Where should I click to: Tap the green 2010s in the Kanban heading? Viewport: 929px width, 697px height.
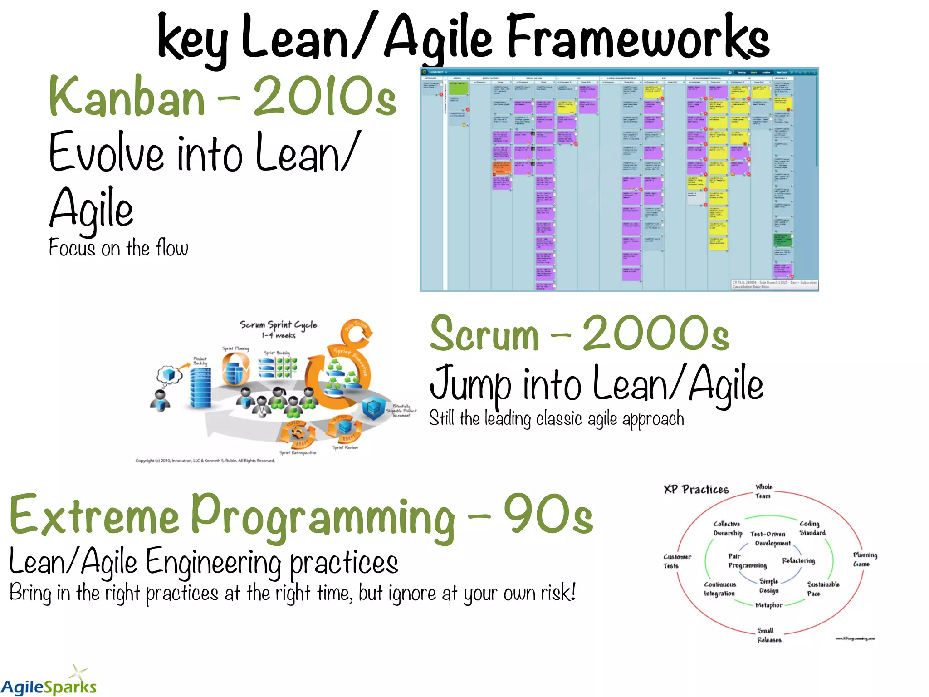[324, 96]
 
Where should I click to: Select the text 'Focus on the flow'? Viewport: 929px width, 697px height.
[118, 248]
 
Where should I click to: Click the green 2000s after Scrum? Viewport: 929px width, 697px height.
[655, 335]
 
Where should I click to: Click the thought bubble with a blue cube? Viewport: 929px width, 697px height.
[169, 375]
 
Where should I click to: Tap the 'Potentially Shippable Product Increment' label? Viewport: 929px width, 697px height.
[401, 411]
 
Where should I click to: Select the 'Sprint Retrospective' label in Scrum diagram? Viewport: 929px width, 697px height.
[298, 452]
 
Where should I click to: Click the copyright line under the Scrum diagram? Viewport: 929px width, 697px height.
[205, 461]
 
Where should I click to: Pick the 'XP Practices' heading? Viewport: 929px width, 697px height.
[696, 489]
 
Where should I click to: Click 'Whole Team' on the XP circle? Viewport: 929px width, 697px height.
[763, 491]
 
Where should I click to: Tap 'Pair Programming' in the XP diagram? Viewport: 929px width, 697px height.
[747, 561]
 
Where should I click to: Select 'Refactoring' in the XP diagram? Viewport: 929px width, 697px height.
[798, 561]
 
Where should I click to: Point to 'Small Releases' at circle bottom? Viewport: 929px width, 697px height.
[769, 635]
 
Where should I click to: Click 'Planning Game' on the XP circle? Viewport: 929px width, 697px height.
[865, 559]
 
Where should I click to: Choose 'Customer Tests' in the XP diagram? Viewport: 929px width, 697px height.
[677, 561]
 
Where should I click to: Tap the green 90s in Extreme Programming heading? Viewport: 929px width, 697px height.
[548, 515]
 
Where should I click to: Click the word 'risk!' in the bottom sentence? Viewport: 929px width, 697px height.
[557, 593]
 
